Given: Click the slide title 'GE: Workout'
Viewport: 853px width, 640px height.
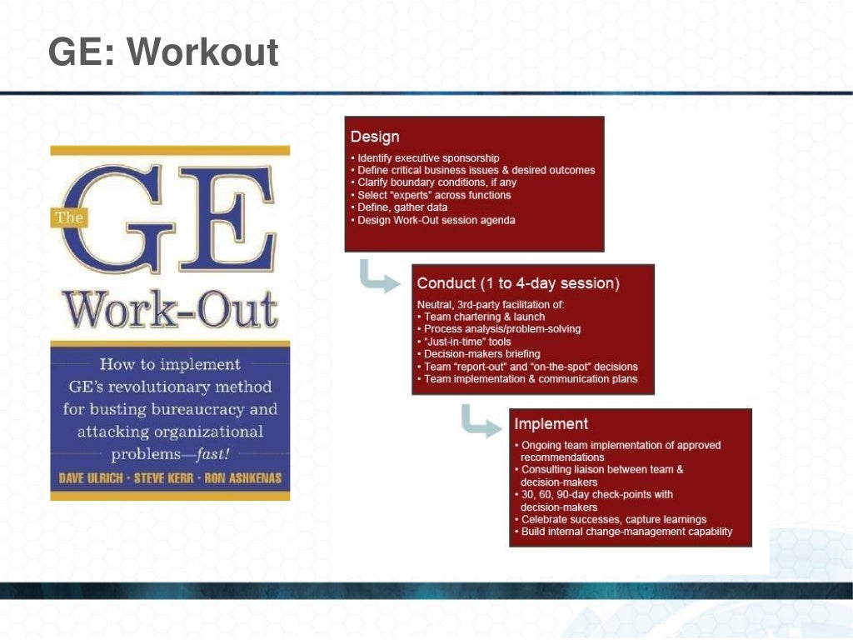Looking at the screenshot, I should coord(163,52).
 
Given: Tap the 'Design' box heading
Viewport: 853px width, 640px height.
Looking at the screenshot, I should coord(375,137).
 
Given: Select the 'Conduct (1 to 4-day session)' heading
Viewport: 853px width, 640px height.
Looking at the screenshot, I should coord(518,283).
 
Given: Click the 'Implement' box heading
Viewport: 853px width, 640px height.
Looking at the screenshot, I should coord(551,424).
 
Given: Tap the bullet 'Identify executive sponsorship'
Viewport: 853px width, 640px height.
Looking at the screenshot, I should coord(428,157).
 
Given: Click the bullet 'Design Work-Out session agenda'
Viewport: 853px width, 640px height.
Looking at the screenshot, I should coord(436,220).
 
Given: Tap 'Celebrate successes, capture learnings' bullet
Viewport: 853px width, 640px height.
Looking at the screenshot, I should coord(613,519).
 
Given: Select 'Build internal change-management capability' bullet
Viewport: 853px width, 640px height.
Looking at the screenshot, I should coord(626,532).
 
